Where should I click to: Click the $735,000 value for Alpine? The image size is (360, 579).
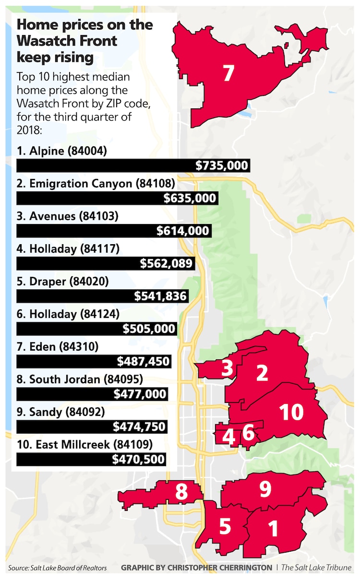coord(222,166)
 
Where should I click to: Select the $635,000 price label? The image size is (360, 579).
coord(190,198)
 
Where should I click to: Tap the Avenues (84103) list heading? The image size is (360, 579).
coord(67,216)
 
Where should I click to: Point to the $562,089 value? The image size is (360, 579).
coord(166,263)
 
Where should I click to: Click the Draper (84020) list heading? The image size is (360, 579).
coord(64,281)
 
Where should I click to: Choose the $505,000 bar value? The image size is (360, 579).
coord(149,329)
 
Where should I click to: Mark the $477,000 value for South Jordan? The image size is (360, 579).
coord(140,394)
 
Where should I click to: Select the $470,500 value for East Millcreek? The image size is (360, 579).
coord(139,459)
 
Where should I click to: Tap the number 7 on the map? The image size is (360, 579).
coord(228,73)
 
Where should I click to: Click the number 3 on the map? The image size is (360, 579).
coord(227,369)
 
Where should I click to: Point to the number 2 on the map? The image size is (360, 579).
coord(262,373)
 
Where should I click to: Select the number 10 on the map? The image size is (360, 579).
coord(291,412)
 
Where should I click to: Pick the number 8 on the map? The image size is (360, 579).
coord(181,492)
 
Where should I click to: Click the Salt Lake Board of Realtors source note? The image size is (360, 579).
coord(57,568)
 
